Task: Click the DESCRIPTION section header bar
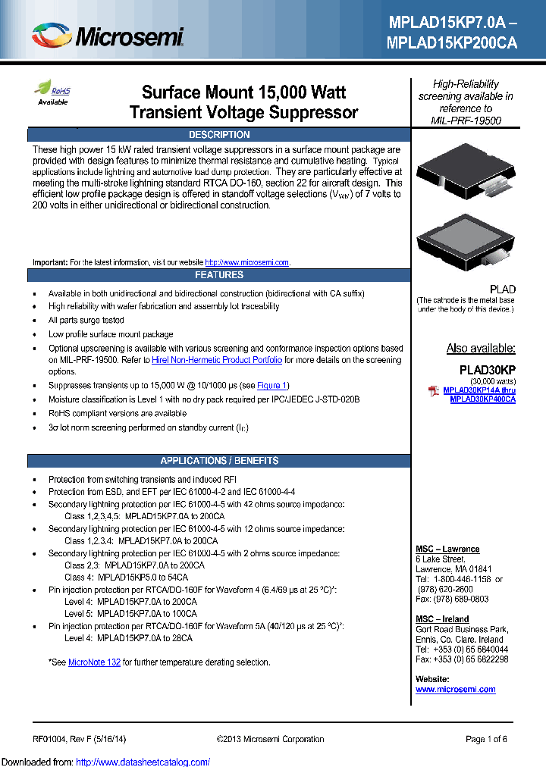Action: (219, 135)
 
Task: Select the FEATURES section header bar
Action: (219, 275)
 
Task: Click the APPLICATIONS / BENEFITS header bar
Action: (219, 461)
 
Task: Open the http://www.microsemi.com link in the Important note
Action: (247, 262)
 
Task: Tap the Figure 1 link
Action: (272, 386)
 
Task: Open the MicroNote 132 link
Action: (94, 662)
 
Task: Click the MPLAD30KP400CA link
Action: (482, 399)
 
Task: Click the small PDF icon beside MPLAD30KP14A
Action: (434, 390)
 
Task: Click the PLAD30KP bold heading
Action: (488, 370)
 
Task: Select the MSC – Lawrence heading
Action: (447, 549)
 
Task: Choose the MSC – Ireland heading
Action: (442, 619)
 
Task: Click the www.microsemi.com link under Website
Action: (455, 690)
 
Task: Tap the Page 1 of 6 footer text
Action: (486, 739)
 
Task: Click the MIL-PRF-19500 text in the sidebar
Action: (466, 121)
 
